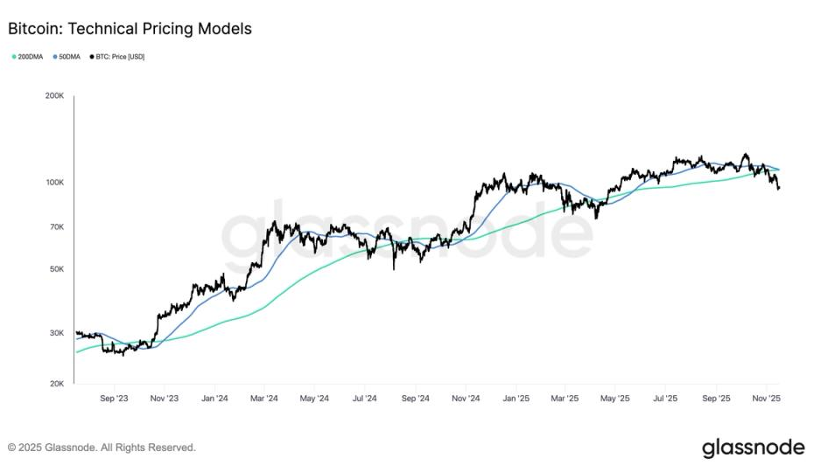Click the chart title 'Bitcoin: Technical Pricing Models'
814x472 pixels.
click(x=130, y=29)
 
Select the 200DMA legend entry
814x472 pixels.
click(x=29, y=57)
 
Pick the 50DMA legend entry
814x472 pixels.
click(x=68, y=57)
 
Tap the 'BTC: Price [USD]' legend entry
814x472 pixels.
click(x=117, y=57)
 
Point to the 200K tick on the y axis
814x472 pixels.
click(x=55, y=95)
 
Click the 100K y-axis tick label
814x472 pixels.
click(x=55, y=183)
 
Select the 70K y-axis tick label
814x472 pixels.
click(x=57, y=226)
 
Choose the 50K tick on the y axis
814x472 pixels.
click(x=57, y=269)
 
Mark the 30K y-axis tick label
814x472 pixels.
click(x=57, y=333)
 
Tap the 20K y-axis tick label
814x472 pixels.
click(x=57, y=384)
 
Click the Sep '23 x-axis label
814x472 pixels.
click(x=115, y=398)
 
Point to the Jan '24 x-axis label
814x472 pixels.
click(x=214, y=398)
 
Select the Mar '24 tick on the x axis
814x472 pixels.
click(x=265, y=398)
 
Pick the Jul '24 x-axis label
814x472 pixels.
click(x=364, y=398)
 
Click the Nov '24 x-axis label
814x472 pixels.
click(x=466, y=398)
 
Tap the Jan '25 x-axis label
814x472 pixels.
click(x=516, y=398)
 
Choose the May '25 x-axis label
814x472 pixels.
click(x=615, y=398)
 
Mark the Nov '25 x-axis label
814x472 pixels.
click(x=767, y=398)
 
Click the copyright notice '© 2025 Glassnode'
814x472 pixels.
click(x=102, y=448)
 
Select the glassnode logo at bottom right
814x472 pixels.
click(x=753, y=448)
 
